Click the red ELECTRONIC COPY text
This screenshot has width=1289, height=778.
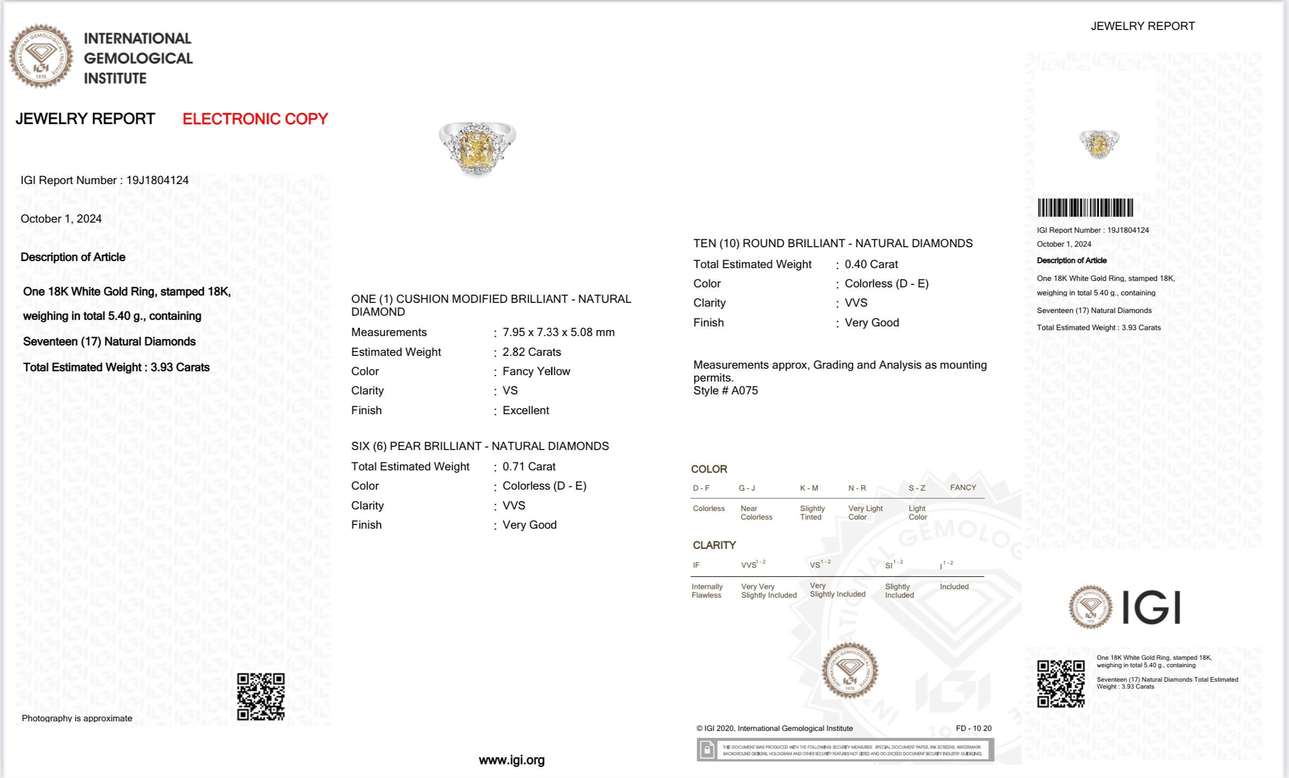(255, 119)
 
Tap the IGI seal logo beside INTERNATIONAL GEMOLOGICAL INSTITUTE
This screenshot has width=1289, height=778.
(41, 56)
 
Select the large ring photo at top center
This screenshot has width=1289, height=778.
(477, 148)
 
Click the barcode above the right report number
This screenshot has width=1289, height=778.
(1085, 208)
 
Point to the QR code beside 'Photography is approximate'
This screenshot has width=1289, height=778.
(261, 697)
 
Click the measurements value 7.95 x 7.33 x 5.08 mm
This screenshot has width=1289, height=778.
(558, 332)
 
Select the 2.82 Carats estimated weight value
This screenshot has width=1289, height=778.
(531, 352)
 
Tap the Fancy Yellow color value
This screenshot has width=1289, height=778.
(536, 371)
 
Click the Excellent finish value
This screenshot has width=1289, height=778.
(525, 410)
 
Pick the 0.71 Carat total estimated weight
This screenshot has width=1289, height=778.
(529, 467)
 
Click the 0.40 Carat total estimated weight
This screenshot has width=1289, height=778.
(871, 264)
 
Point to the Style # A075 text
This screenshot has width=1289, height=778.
(726, 391)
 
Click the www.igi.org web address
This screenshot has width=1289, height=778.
(512, 760)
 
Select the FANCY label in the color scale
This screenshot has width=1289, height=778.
(963, 487)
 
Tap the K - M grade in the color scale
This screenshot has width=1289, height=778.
(809, 488)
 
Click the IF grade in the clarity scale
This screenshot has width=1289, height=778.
(696, 565)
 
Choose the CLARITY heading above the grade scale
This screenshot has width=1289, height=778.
(714, 545)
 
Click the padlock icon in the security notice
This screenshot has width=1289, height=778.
(707, 750)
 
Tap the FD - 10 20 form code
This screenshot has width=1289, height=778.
(973, 728)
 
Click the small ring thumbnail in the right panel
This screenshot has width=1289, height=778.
(1099, 144)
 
